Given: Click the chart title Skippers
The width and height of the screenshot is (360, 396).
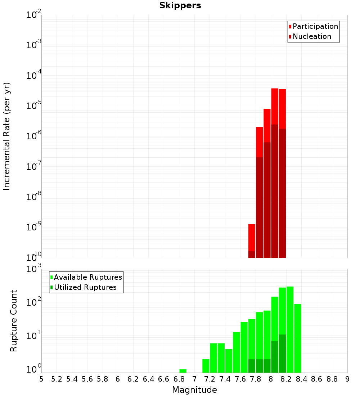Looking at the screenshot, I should pyautogui.click(x=180, y=6).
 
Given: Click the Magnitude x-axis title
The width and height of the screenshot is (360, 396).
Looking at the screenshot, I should pyautogui.click(x=194, y=390).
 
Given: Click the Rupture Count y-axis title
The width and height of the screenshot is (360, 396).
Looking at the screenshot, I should pyautogui.click(x=14, y=320).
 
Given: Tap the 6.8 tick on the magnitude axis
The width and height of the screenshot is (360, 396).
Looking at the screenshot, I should pyautogui.click(x=179, y=379).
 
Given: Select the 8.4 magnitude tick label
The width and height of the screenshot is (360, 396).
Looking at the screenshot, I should pyautogui.click(x=302, y=379).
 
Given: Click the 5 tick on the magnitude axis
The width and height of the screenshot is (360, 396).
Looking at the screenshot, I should pyautogui.click(x=41, y=379).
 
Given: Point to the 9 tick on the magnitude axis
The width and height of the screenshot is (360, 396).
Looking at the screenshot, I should pyautogui.click(x=347, y=379).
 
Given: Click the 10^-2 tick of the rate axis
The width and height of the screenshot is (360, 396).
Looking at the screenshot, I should pyautogui.click(x=33, y=15).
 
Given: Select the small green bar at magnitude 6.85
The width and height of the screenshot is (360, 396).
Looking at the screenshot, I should pyautogui.click(x=183, y=371).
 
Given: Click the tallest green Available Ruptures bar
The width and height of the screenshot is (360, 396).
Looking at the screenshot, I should pyautogui.click(x=290, y=329).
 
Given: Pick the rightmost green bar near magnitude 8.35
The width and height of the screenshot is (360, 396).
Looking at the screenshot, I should pyautogui.click(x=297, y=338).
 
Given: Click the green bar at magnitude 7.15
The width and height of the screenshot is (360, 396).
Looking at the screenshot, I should pyautogui.click(x=206, y=366).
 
